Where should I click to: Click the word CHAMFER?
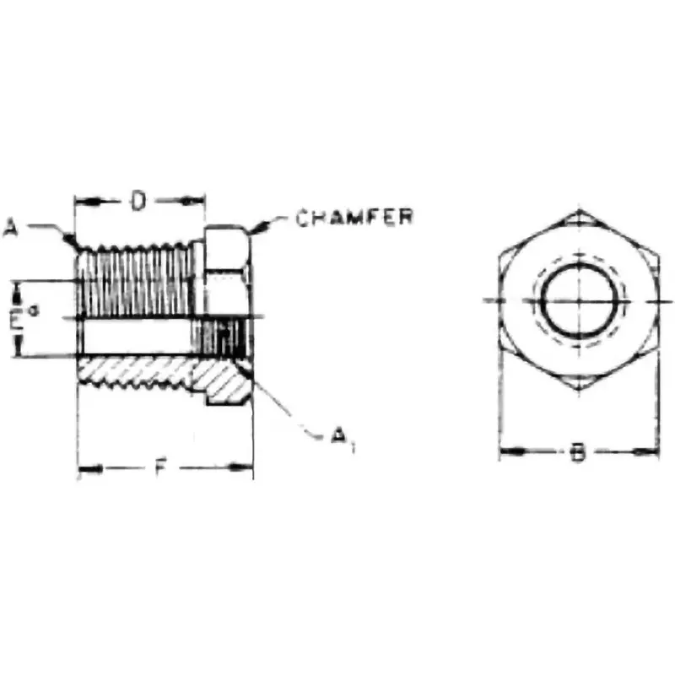[x=354, y=217]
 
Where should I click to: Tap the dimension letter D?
[x=140, y=201]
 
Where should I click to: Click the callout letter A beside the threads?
[x=10, y=226]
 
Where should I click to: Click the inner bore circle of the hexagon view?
[x=578, y=301]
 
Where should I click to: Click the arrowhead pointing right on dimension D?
[x=198, y=201]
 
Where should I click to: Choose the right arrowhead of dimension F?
[x=246, y=467]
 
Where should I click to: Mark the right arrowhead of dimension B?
[x=651, y=453]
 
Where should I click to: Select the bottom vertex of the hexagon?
[x=578, y=393]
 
